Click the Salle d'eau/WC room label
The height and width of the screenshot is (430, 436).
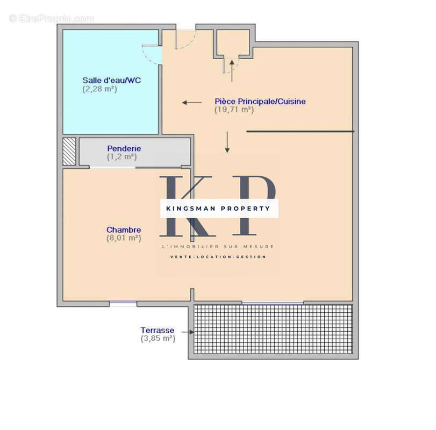pyautogui.click(x=112, y=81)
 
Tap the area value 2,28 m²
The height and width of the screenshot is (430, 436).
pyautogui.click(x=99, y=89)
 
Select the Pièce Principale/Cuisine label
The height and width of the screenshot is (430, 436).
pyautogui.click(x=260, y=101)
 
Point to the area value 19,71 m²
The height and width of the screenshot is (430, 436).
pyautogui.click(x=234, y=110)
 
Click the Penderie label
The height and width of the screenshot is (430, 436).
pyautogui.click(x=124, y=148)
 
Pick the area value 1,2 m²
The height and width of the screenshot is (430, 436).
pyautogui.click(x=121, y=157)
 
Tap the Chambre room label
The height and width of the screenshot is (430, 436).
pyautogui.click(x=124, y=230)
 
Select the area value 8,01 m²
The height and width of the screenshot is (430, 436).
pyautogui.click(x=124, y=238)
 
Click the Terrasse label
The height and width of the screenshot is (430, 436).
pyautogui.click(x=156, y=330)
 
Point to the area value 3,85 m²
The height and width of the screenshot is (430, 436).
pyautogui.click(x=158, y=339)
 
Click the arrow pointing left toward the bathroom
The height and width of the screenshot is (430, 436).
pyautogui.click(x=191, y=102)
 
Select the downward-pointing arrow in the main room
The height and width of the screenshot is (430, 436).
pyautogui.click(x=227, y=142)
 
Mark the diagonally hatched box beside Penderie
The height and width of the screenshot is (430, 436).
pyautogui.click(x=69, y=152)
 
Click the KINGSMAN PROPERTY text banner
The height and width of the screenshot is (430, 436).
pyautogui.click(x=219, y=208)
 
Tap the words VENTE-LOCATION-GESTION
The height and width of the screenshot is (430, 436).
pyautogui.click(x=218, y=257)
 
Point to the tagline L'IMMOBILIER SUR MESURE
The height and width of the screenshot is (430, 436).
pyautogui.click(x=218, y=246)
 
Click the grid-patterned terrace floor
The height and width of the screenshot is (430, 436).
pyautogui.click(x=273, y=329)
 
